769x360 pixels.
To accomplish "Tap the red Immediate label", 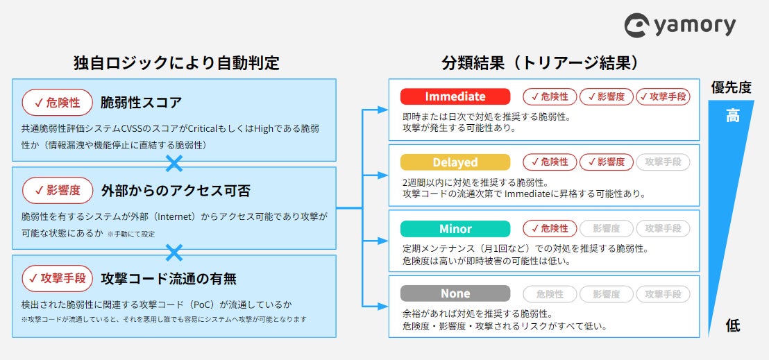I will click(x=455, y=96).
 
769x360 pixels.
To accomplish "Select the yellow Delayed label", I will click(x=455, y=162).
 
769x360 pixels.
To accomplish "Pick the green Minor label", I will click(x=455, y=229).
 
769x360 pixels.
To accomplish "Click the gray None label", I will click(x=455, y=293).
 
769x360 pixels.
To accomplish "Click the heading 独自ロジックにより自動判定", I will click(x=176, y=63).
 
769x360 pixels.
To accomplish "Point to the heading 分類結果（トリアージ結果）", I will click(x=539, y=63).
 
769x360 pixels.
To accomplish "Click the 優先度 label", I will click(x=731, y=87).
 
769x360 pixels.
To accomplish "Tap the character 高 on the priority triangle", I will click(x=733, y=116).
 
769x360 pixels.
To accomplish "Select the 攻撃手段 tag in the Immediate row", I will click(x=663, y=96).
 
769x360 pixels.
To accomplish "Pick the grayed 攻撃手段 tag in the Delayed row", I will click(x=663, y=162).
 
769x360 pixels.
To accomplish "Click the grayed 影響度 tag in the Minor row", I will click(x=606, y=228).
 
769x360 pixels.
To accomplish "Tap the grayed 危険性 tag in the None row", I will click(x=550, y=293).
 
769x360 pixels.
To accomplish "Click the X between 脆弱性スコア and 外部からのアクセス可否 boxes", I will click(x=174, y=164).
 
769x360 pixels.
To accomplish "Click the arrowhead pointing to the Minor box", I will click(x=383, y=240).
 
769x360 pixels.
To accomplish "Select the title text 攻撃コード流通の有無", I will click(x=169, y=279).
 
